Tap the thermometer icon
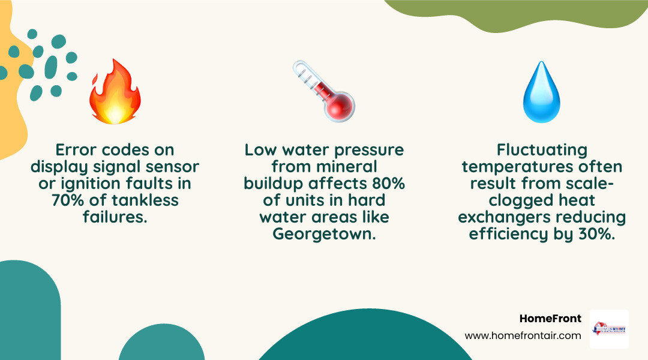pyautogui.click(x=324, y=92)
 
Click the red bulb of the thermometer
pyautogui.click(x=340, y=107)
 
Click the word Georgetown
pyautogui.click(x=324, y=233)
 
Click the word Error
pyautogui.click(x=77, y=150)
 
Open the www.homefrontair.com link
pyautogui.click(x=523, y=336)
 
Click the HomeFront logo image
pyautogui.click(x=609, y=329)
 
